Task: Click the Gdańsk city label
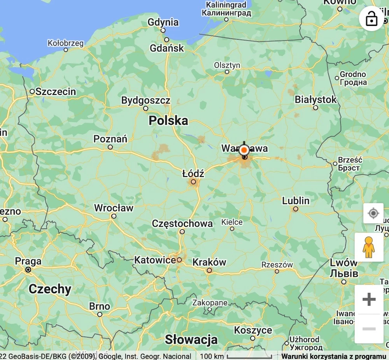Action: click(167, 48)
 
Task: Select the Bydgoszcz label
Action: click(145, 100)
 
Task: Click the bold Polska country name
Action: click(168, 121)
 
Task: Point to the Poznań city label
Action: click(110, 139)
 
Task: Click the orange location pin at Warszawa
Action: click(244, 150)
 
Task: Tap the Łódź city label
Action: click(193, 173)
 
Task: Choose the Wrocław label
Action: click(114, 208)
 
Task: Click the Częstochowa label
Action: click(182, 224)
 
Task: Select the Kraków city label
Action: click(209, 262)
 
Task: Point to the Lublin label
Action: click(296, 201)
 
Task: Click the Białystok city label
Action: click(315, 100)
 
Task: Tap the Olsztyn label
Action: click(227, 65)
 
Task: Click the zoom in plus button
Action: click(369, 299)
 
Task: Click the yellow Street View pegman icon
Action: click(369, 247)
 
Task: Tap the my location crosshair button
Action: click(373, 213)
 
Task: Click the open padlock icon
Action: click(371, 18)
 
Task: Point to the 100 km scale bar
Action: click(249, 356)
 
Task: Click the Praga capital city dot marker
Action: click(28, 269)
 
